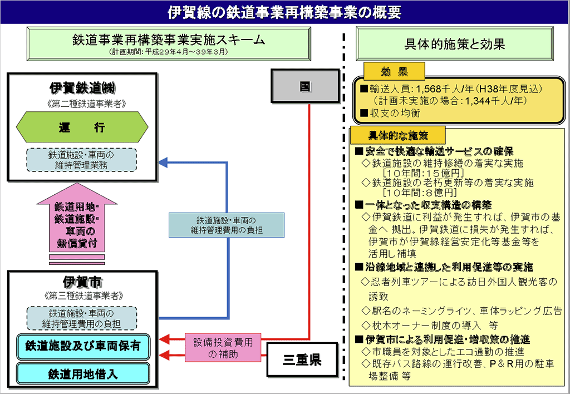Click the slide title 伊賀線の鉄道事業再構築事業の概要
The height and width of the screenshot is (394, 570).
pyautogui.click(x=284, y=12)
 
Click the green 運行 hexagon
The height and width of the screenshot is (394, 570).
pyautogui.click(x=82, y=127)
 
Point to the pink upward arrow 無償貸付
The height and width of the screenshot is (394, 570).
pyautogui.click(x=76, y=223)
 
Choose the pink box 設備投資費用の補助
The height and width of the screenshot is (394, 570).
pyautogui.click(x=223, y=347)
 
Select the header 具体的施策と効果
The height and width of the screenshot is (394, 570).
pyautogui.click(x=455, y=44)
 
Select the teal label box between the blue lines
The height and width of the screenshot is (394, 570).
pyautogui.click(x=226, y=224)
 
